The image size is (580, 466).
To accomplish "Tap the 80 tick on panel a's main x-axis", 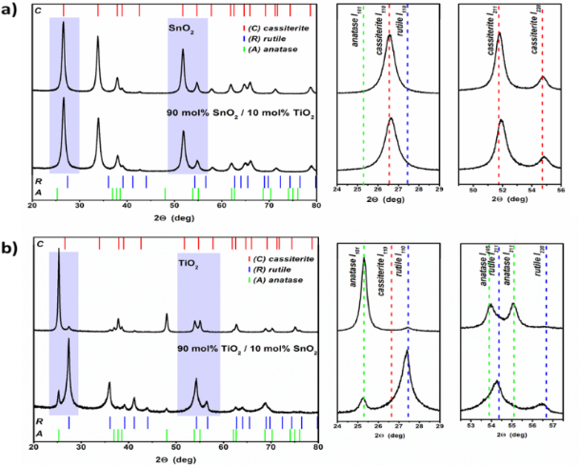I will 316,204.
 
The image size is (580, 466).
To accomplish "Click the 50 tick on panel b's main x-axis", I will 176,445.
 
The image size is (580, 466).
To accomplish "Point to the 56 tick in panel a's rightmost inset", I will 561,190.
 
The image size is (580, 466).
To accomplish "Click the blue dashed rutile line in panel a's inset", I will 407,95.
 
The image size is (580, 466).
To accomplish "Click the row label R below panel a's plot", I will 26,178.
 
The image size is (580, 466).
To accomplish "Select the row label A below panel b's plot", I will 26,433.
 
